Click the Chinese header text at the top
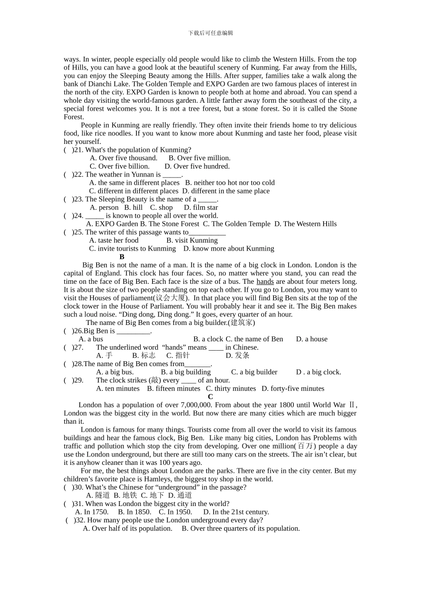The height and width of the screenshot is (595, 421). point(210,33)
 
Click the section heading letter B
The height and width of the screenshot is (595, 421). point(122,257)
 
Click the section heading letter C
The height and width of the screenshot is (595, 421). point(210,397)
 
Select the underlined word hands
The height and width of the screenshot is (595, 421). point(265,282)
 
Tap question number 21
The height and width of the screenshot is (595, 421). point(78,150)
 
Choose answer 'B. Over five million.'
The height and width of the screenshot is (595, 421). point(199,158)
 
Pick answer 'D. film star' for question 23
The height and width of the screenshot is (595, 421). point(201,208)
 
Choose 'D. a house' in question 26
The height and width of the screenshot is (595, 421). point(312,339)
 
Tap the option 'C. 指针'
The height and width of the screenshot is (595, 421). point(178,355)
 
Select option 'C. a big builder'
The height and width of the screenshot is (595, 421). point(254,372)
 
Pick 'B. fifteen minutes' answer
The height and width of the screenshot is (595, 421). point(174,389)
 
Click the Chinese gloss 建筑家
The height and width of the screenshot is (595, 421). point(242,323)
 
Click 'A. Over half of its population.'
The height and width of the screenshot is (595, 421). point(128,529)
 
